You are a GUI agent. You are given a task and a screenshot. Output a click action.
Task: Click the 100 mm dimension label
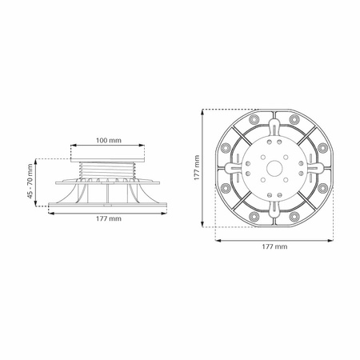click(x=109, y=140)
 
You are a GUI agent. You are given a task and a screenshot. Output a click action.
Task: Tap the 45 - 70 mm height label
click(x=30, y=181)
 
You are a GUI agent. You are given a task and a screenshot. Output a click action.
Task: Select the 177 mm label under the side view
click(x=109, y=218)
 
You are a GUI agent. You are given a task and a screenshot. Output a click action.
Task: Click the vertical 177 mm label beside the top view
click(x=197, y=168)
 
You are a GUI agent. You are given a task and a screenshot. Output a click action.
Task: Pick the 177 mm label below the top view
click(x=274, y=246)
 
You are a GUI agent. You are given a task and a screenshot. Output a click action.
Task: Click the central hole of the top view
click(x=274, y=168)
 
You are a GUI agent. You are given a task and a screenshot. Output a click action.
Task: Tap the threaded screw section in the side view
click(x=108, y=170)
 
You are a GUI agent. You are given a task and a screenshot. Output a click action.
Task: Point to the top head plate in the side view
click(x=108, y=160)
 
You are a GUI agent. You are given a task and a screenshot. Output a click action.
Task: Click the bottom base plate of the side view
click(x=108, y=205)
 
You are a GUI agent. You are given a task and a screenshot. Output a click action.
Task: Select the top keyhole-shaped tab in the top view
click(x=274, y=127)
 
